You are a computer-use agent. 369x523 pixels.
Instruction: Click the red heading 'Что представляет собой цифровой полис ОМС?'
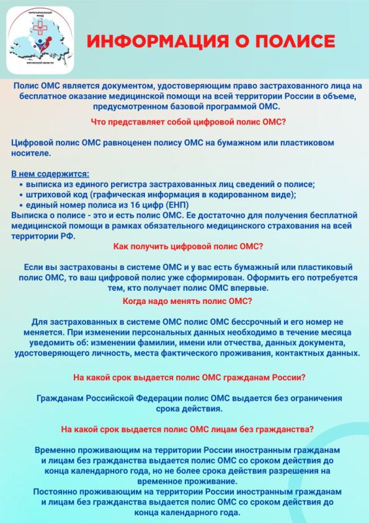point(185,121)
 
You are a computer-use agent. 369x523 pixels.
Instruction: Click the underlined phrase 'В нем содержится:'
point(51,173)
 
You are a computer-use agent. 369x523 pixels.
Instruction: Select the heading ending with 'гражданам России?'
point(188,377)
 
